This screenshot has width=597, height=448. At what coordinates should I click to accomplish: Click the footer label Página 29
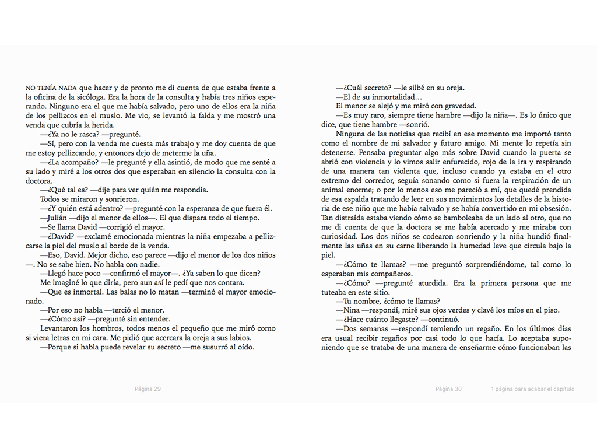coord(148,389)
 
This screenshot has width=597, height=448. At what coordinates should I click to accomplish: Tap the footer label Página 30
coord(448,389)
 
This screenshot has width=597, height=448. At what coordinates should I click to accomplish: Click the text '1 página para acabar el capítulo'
coord(532,389)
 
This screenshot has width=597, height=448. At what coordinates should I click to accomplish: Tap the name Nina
coord(352,310)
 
